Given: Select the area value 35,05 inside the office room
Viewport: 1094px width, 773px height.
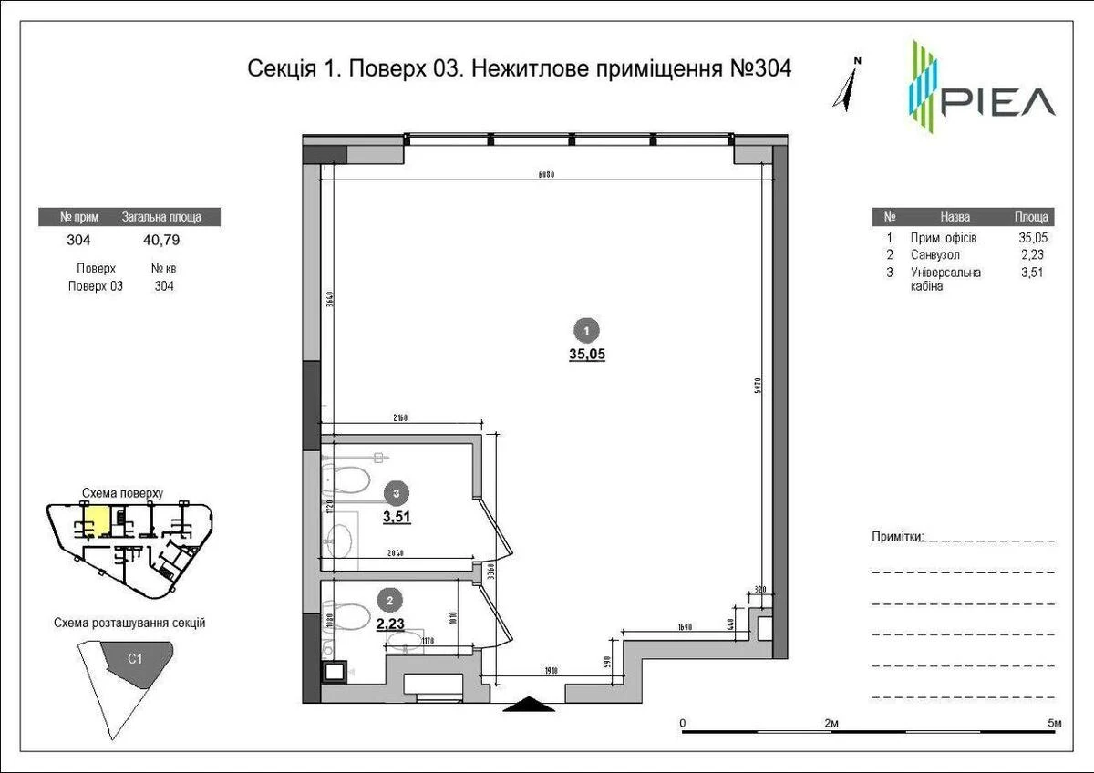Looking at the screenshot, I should [587, 356].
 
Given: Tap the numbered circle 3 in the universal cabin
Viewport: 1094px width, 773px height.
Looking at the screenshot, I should [393, 493].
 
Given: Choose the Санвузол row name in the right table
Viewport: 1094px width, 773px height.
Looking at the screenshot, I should [934, 255].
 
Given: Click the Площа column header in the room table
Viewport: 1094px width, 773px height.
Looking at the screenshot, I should [1032, 217].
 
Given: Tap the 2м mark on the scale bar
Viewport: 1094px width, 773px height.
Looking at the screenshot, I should [831, 723].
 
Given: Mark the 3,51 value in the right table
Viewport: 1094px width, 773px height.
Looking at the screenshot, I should [1032, 272].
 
